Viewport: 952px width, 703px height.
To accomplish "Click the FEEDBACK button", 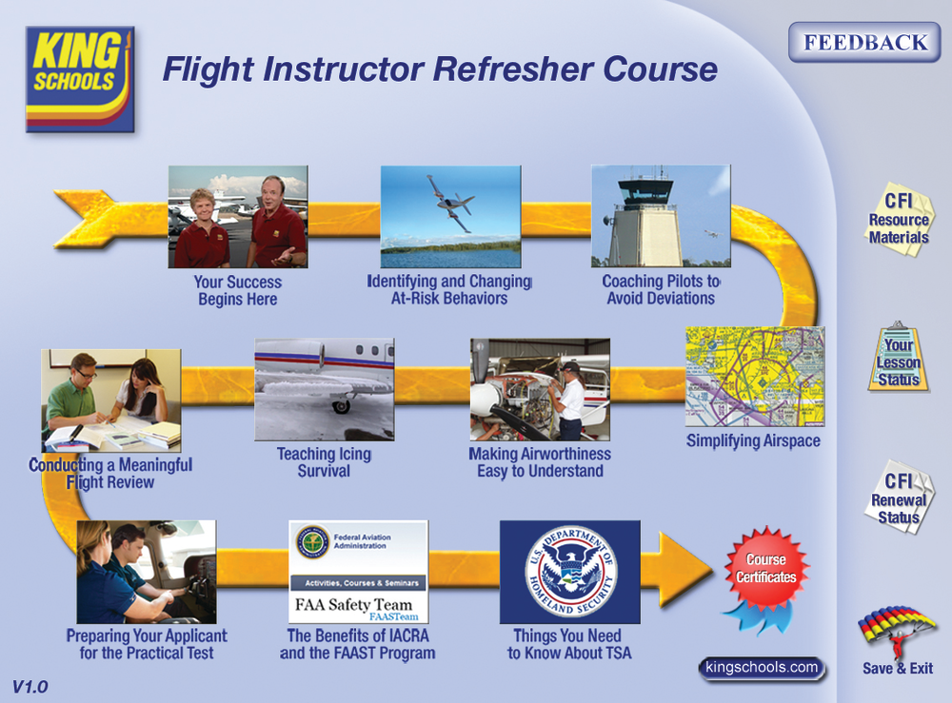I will tap(864, 43).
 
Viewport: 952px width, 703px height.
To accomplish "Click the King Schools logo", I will tap(80, 78).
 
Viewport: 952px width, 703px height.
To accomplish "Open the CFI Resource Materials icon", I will tap(898, 216).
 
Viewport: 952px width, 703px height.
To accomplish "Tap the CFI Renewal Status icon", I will tap(898, 498).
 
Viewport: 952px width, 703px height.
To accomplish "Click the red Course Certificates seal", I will tap(765, 569).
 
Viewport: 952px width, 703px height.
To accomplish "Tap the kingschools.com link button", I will tap(762, 668).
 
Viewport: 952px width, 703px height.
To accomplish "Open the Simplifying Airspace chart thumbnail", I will tap(754, 377).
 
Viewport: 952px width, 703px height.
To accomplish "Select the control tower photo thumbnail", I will tap(660, 216).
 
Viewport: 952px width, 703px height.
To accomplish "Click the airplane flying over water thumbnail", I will tap(450, 216).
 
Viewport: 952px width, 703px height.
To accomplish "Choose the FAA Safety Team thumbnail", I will tap(358, 571).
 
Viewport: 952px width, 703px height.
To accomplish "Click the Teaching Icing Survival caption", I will tap(324, 462).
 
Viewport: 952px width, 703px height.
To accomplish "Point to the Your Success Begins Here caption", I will tap(238, 291).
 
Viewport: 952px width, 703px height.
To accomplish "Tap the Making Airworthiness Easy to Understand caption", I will tap(540, 462).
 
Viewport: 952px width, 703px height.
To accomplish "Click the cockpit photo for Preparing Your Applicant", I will tap(146, 571).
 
